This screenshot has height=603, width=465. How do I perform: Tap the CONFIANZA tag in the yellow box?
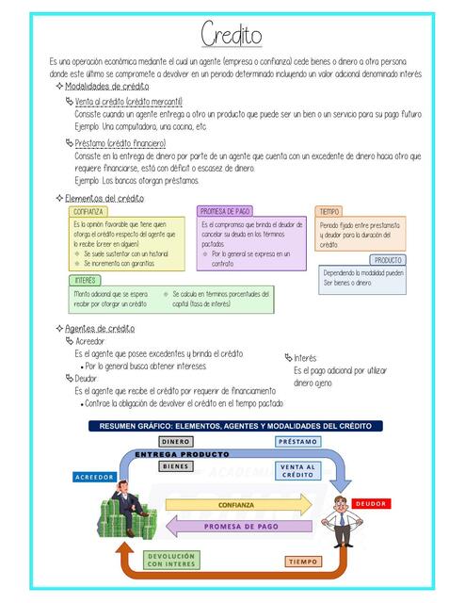click(90, 212)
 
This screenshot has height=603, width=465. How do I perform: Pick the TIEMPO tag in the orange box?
click(329, 211)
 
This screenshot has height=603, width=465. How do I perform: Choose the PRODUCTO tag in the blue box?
click(388, 259)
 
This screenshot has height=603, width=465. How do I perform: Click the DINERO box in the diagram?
click(175, 441)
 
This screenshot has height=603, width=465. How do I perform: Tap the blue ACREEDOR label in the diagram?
click(94, 477)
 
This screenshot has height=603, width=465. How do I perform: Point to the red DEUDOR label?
click(371, 503)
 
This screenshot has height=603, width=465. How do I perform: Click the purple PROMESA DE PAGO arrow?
click(240, 526)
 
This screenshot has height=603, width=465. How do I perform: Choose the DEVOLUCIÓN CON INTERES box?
click(171, 560)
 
